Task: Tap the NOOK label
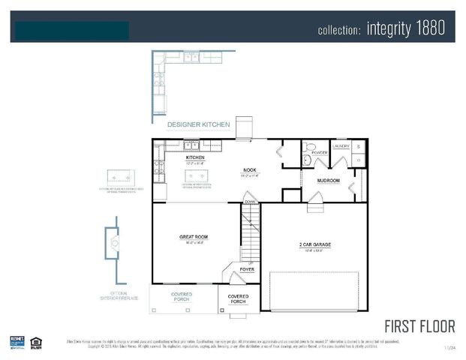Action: [250, 170]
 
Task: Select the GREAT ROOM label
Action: [193, 238]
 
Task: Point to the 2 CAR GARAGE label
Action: [314, 244]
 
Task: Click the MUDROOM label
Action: [328, 181]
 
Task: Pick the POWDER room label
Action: [320, 152]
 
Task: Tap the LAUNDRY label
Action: [341, 145]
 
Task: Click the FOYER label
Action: [247, 268]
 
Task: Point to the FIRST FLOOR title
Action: [419, 326]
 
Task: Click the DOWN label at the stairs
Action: [250, 202]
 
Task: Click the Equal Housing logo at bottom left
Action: [35, 342]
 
